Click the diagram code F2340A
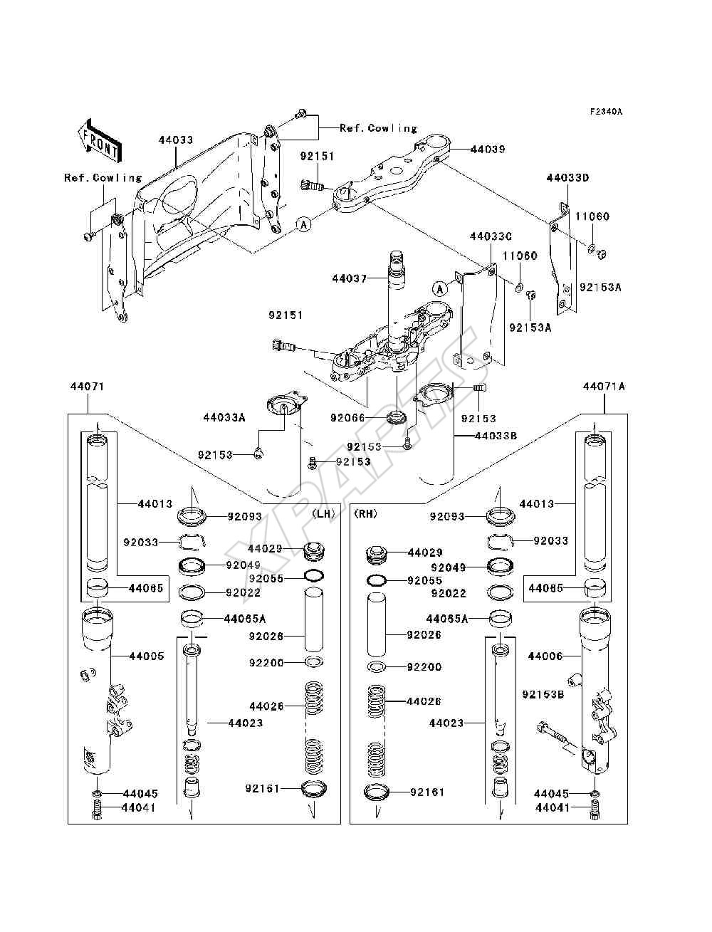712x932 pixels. pyautogui.click(x=606, y=112)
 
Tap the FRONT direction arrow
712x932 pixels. pyautogui.click(x=100, y=141)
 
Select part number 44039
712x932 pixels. pyautogui.click(x=488, y=150)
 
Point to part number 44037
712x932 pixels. pyautogui.click(x=349, y=278)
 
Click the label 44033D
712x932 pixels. pyautogui.click(x=567, y=178)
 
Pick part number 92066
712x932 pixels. pyautogui.click(x=347, y=418)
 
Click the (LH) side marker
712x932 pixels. pyautogui.click(x=323, y=514)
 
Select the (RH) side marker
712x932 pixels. pyautogui.click(x=365, y=514)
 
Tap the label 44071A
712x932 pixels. pyautogui.click(x=604, y=387)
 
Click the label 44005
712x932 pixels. pyautogui.click(x=147, y=656)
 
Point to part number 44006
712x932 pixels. pyautogui.click(x=545, y=656)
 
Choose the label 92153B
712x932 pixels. pyautogui.click(x=543, y=694)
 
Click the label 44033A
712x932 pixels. pyautogui.click(x=224, y=418)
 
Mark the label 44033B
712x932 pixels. pyautogui.click(x=496, y=436)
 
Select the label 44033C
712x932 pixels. pyautogui.click(x=491, y=236)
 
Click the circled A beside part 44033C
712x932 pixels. pyautogui.click(x=440, y=289)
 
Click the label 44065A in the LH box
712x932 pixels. pyautogui.click(x=244, y=619)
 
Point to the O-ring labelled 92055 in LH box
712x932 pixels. pyautogui.click(x=315, y=576)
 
